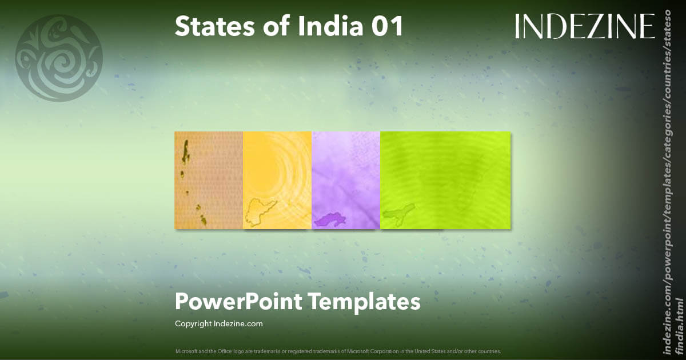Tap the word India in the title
coord(320,26)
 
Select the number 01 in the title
coord(388,26)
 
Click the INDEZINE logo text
coord(585,26)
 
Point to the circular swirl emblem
coord(59,58)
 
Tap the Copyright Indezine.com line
coord(219,323)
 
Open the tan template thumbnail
coord(209,180)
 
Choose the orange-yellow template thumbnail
coord(277,180)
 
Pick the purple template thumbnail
coord(346,180)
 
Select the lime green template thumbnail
coord(445,180)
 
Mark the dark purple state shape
coord(329,219)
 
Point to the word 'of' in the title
coord(260,26)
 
